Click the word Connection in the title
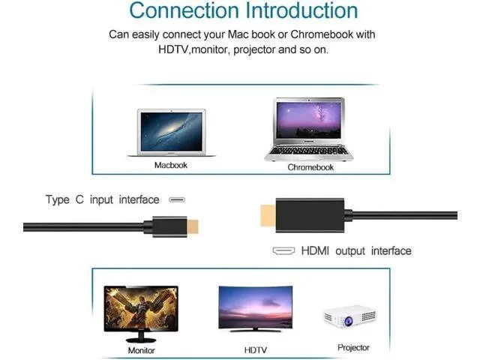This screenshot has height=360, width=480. (x=184, y=10)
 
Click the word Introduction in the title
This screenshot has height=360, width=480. (x=301, y=10)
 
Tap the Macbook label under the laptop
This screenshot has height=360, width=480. (x=170, y=165)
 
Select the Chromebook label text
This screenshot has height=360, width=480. (x=310, y=167)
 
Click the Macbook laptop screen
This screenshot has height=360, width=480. (x=172, y=132)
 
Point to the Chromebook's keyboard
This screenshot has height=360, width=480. (x=308, y=151)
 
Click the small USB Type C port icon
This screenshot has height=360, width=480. (x=177, y=200)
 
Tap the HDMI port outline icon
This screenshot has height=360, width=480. (x=283, y=250)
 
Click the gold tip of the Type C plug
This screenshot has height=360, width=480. (x=193, y=226)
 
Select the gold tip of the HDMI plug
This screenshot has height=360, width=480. (x=268, y=215)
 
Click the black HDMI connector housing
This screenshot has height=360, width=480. (x=310, y=215)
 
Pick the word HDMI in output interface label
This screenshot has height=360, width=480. (x=315, y=250)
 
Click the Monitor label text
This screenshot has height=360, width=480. (x=141, y=350)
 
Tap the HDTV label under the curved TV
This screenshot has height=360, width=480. (x=255, y=350)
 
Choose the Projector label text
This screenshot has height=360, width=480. (x=353, y=348)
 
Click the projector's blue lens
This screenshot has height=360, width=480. (x=348, y=321)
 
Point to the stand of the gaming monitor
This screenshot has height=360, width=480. (x=141, y=337)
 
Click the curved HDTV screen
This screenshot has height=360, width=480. (x=255, y=307)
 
